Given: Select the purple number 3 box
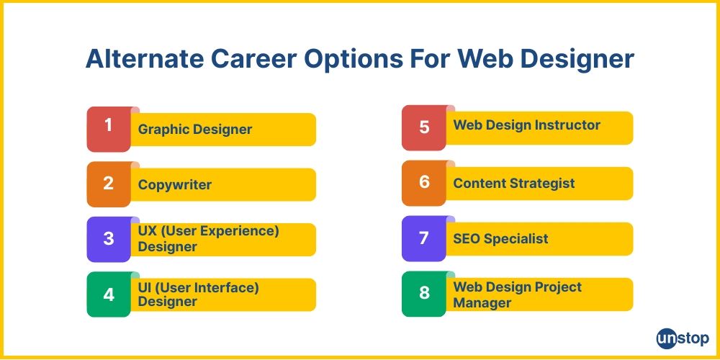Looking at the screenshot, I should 109,239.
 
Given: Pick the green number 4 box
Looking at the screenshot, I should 109,294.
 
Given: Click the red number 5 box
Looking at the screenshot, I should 424,127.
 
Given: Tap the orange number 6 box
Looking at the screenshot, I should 424,183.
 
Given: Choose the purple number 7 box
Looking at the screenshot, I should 424,238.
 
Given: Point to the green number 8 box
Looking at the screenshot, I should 424,294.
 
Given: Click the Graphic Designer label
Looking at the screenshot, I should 195,130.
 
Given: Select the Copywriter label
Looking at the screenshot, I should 175,185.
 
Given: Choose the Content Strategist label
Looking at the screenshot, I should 514,183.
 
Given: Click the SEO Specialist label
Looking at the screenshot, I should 500,238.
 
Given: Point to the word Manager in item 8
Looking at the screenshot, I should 482,303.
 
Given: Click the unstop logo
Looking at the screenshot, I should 682,338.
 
